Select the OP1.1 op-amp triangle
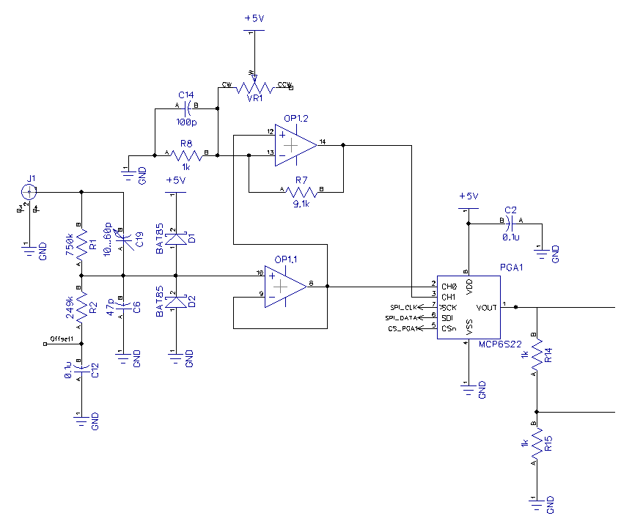285,284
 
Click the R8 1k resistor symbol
186,155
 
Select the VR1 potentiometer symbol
254,86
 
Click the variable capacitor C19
123,239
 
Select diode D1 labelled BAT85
175,240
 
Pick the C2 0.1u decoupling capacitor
511,221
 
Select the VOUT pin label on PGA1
487,307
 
